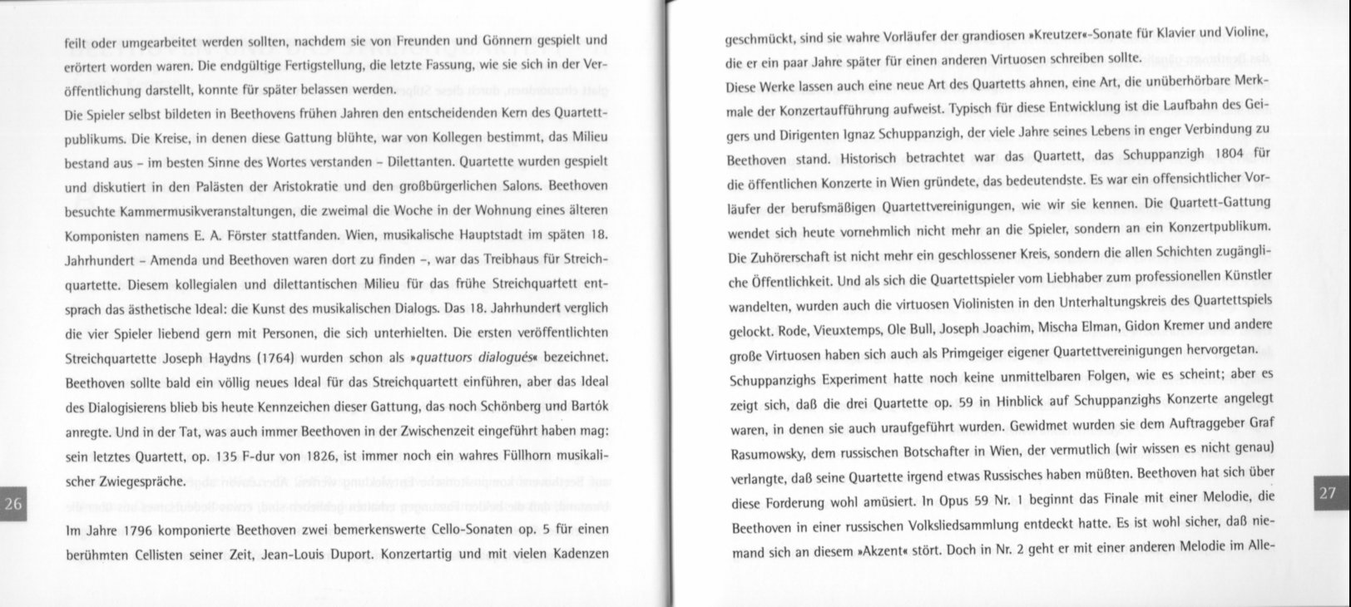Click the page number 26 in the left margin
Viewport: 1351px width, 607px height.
pyautogui.click(x=14, y=504)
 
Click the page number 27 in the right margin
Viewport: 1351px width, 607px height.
pyautogui.click(x=1328, y=493)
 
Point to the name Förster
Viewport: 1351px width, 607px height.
pyautogui.click(x=258, y=236)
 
